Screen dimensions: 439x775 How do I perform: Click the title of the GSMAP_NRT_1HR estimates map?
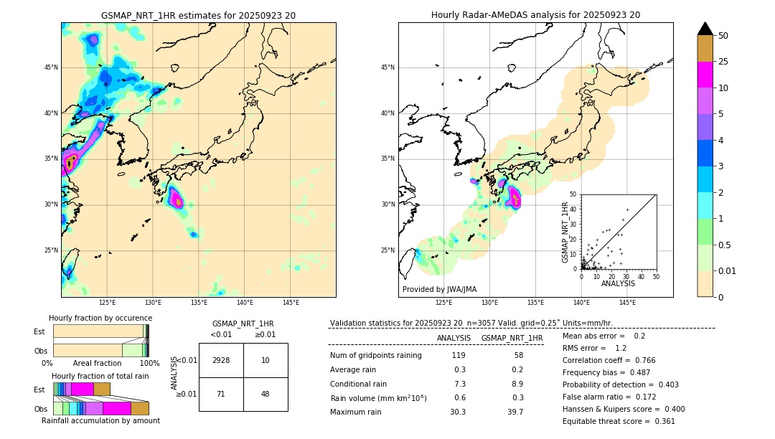pyautogui.click(x=198, y=16)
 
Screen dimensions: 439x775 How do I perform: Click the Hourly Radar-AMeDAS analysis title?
pyautogui.click(x=535, y=15)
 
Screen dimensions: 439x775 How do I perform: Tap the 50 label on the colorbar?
pyautogui.click(x=723, y=36)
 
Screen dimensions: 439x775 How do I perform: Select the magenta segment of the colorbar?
pyautogui.click(x=705, y=75)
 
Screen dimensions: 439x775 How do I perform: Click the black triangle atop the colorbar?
pyautogui.click(x=705, y=29)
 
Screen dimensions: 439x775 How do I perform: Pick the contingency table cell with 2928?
pyautogui.click(x=221, y=360)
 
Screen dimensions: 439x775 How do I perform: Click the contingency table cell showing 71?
pyautogui.click(x=221, y=394)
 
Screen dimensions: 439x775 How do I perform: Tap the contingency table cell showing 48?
pyautogui.click(x=266, y=394)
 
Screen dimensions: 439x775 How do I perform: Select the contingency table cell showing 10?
pyautogui.click(x=266, y=360)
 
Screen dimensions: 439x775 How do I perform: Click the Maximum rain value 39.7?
pyautogui.click(x=515, y=412)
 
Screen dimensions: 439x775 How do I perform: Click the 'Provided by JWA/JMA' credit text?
pyautogui.click(x=439, y=290)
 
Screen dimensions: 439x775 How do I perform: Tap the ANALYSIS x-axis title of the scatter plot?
pyautogui.click(x=618, y=283)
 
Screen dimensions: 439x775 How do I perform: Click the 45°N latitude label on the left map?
pyautogui.click(x=50, y=67)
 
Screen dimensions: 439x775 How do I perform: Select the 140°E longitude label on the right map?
pyautogui.click(x=581, y=303)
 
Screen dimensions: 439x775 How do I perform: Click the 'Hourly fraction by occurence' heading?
pyautogui.click(x=100, y=318)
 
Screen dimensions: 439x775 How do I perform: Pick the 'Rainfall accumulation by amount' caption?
pyautogui.click(x=100, y=421)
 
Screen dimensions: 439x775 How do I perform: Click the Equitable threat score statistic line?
pyautogui.click(x=619, y=421)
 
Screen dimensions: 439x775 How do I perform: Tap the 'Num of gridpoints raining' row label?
pyautogui.click(x=376, y=356)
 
